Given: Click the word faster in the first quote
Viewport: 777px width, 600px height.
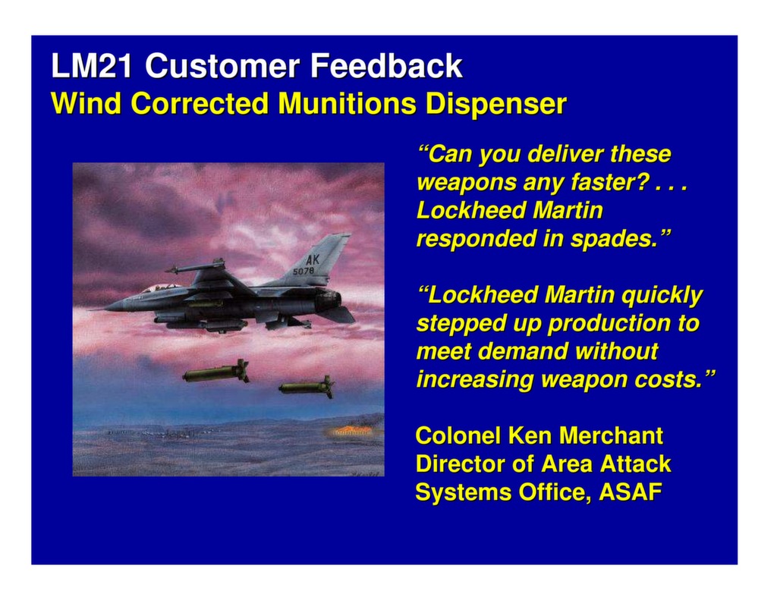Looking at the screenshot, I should tap(615, 183).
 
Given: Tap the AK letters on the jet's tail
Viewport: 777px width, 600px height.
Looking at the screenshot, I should tap(313, 259).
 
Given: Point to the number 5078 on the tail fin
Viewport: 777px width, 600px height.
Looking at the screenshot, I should tap(304, 271).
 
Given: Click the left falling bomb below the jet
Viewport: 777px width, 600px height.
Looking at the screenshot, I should tap(216, 372).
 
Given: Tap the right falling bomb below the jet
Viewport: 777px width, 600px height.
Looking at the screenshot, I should tap(307, 388).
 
